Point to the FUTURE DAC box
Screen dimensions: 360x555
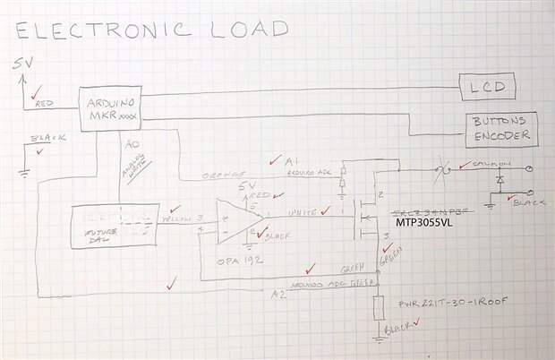(x=115, y=227)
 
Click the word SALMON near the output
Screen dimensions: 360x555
(x=487, y=164)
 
